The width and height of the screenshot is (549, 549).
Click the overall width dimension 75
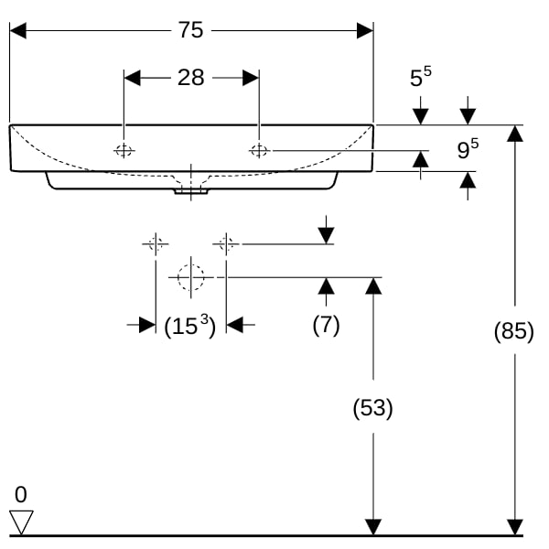[x=191, y=30]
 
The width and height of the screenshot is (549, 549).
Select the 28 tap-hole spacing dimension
[x=191, y=78]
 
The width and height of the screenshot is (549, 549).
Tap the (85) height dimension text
[x=514, y=330]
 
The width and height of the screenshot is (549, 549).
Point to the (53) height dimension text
[x=373, y=408]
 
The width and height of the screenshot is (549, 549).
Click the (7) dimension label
[x=326, y=325]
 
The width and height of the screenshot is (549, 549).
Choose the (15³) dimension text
[x=190, y=326]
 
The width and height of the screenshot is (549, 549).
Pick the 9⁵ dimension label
[x=468, y=149]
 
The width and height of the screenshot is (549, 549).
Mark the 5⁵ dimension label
[x=421, y=77]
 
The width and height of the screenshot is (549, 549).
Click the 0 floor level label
[x=21, y=494]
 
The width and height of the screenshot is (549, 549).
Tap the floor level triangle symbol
[x=21, y=522]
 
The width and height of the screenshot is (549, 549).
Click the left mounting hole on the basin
[x=124, y=151]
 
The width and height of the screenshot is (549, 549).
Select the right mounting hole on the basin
[x=259, y=151]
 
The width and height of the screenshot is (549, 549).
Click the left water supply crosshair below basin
[x=156, y=243]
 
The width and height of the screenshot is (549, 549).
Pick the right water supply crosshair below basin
[x=226, y=243]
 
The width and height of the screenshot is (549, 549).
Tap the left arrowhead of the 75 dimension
[x=18, y=30]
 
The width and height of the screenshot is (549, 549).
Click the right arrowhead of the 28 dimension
[x=251, y=78]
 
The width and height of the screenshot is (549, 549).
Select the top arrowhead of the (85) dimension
[x=514, y=134]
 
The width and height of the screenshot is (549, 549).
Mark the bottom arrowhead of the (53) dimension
[x=373, y=527]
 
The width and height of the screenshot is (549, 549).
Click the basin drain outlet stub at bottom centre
[x=191, y=191]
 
